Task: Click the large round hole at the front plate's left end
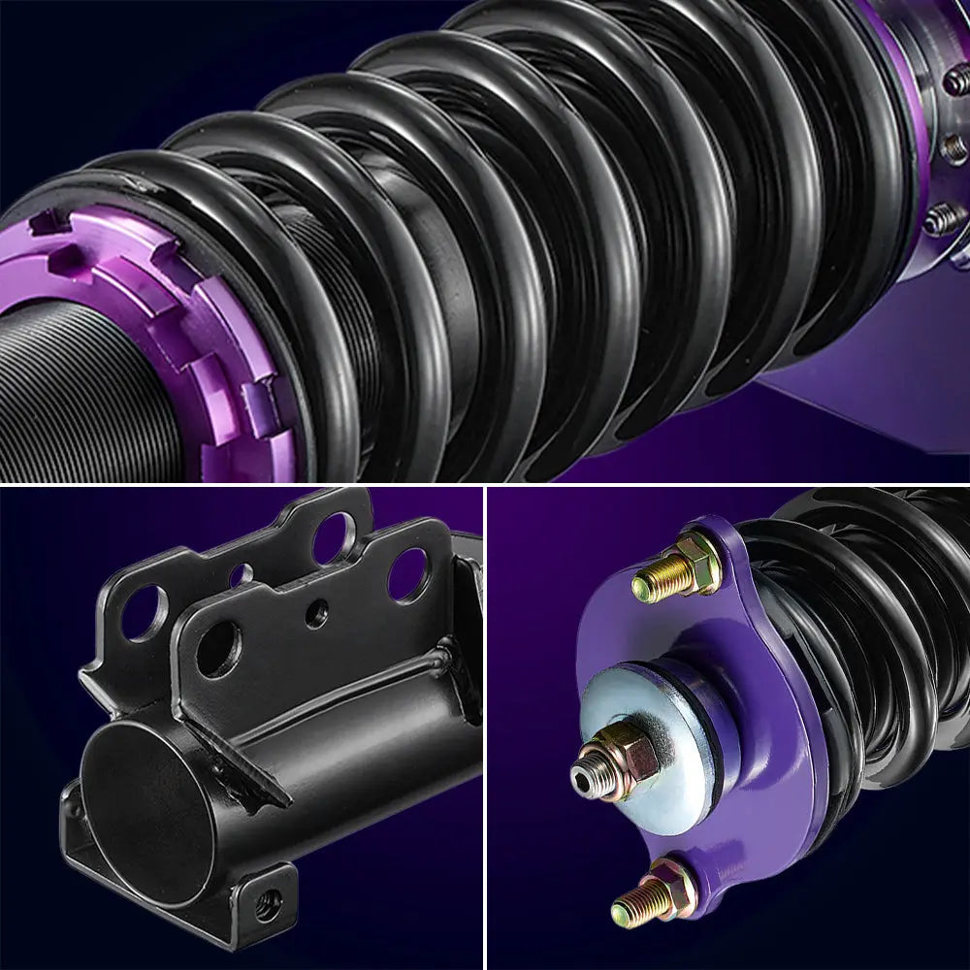coord(218,648)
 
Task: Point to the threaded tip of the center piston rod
coord(583,775)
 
